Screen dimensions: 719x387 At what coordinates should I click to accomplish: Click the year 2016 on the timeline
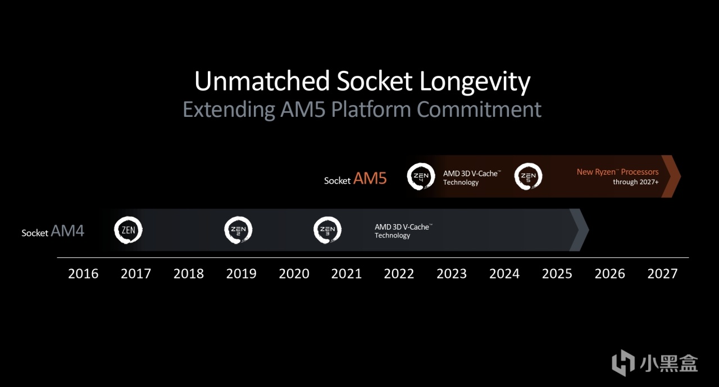(x=83, y=274)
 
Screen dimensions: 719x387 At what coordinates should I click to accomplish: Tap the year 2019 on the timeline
(x=241, y=274)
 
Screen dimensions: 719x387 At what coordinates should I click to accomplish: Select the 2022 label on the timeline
(x=399, y=274)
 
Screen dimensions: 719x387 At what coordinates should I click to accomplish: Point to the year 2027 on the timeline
(x=662, y=274)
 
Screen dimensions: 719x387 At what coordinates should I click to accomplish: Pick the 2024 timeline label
(x=504, y=274)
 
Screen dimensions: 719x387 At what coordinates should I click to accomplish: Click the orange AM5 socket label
(x=370, y=179)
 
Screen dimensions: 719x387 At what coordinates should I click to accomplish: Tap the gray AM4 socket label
(x=67, y=231)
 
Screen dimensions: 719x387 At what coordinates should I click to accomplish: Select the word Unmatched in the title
(x=262, y=81)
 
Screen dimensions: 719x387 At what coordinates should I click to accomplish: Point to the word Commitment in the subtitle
(x=479, y=110)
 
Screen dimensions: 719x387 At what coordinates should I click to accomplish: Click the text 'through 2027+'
(x=635, y=182)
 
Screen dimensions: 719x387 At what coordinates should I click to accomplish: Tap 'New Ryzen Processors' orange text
(x=617, y=172)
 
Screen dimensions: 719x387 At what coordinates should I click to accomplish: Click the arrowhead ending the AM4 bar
(x=579, y=230)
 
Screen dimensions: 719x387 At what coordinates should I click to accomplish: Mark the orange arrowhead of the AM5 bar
(x=671, y=176)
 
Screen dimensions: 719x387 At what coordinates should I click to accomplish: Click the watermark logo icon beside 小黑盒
(x=624, y=363)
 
